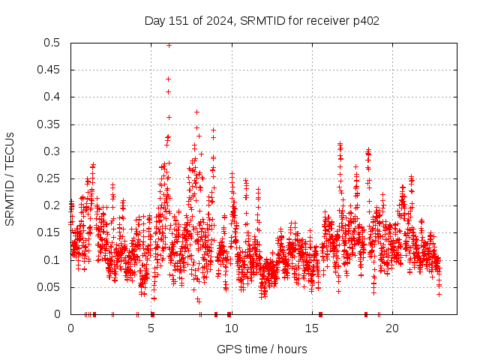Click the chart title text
point(262,20)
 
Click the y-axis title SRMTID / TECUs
point(10,178)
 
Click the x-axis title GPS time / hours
point(262,349)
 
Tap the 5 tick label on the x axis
point(151,328)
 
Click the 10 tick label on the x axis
point(232,328)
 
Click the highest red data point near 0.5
point(169,45)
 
